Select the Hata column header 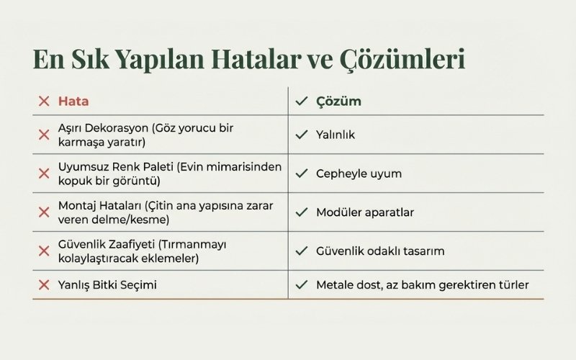[73, 102]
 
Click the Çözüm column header [338, 102]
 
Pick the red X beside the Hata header [43, 102]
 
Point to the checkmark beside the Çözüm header [301, 102]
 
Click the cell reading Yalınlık [336, 135]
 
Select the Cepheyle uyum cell [359, 174]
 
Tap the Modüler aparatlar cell [365, 212]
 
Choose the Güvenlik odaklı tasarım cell [380, 251]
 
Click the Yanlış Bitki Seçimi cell [107, 285]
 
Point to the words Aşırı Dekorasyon [103, 127]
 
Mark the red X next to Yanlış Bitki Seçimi [43, 285]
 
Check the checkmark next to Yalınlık [301, 135]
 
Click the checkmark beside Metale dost [301, 285]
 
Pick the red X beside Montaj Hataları [43, 212]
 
